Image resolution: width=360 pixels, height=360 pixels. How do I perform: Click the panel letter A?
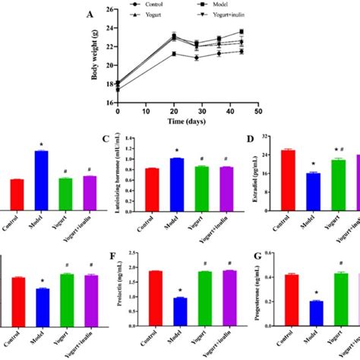pyautogui.click(x=112, y=14)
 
